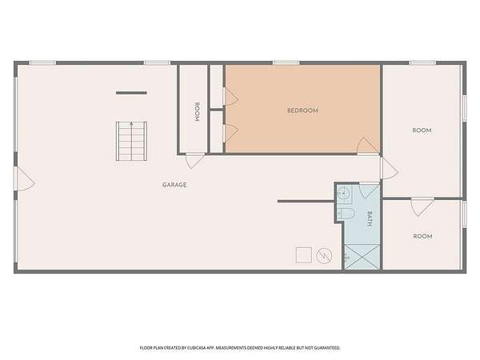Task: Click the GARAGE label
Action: point(174,185)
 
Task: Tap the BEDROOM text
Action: point(302,110)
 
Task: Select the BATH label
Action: point(370,218)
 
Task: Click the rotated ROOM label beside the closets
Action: point(197,112)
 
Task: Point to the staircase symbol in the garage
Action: point(131,141)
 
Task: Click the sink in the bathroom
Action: point(343,194)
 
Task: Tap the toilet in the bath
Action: point(346,213)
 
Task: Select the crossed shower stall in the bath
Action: point(362,257)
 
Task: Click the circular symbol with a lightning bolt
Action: point(324,256)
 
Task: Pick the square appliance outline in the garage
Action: point(304,255)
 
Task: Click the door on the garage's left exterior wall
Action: point(25,178)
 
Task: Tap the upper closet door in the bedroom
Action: point(230,97)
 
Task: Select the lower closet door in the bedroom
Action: point(230,133)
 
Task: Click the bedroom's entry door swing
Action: point(368,146)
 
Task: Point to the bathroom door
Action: point(369,190)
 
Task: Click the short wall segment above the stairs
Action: point(131,93)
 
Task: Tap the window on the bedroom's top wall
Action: point(286,62)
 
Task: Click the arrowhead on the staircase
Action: point(131,124)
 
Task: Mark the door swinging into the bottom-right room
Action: point(422,207)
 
